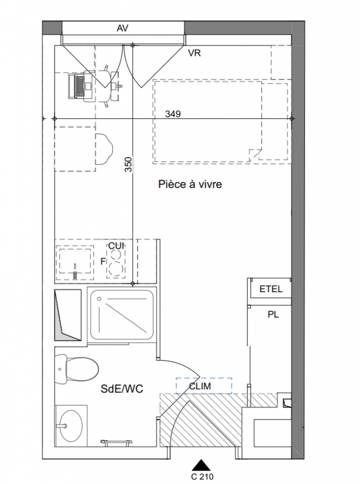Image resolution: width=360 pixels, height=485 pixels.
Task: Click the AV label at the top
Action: pyautogui.click(x=122, y=28)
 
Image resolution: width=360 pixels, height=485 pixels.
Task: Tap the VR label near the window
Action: pyautogui.click(x=195, y=53)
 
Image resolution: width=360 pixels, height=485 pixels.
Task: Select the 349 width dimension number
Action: pyautogui.click(x=173, y=114)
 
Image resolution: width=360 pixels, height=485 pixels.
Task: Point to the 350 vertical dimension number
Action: pyautogui.click(x=128, y=164)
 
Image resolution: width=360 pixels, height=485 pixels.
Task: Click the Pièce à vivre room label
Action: pyautogui.click(x=190, y=184)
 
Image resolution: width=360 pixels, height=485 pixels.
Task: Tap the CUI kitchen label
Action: pyautogui.click(x=116, y=246)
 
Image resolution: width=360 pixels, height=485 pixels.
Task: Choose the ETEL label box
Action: pyautogui.click(x=271, y=289)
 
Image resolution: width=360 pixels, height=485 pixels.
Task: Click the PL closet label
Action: pyautogui.click(x=273, y=315)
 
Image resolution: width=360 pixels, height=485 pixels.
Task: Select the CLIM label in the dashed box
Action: pyautogui.click(x=200, y=386)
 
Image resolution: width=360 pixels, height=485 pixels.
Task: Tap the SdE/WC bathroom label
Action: pyautogui.click(x=122, y=389)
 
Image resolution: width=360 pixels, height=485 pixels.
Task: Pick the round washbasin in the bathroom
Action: pyautogui.click(x=71, y=426)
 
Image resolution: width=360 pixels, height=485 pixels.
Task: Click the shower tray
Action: pyautogui.click(x=122, y=315)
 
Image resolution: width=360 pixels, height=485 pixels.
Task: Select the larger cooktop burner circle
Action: pyautogui.click(x=115, y=269)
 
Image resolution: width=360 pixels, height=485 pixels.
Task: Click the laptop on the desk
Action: pyautogui.click(x=81, y=86)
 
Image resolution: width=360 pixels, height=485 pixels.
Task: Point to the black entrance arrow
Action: pyautogui.click(x=202, y=465)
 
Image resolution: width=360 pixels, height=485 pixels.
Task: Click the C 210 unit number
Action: pyautogui.click(x=202, y=477)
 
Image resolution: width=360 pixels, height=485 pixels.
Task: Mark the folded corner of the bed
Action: pyautogui.click(x=255, y=155)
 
